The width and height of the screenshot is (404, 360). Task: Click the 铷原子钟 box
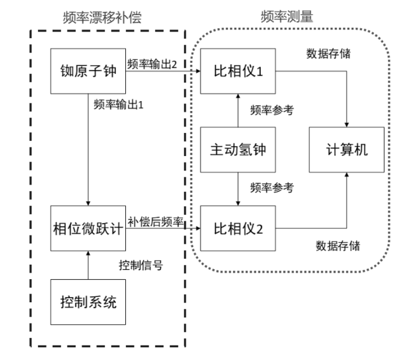pos(88,71)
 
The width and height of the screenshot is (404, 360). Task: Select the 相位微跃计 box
pos(88,228)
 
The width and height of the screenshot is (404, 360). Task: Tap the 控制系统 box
pos(88,302)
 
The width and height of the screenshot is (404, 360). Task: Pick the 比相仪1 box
pos(238,71)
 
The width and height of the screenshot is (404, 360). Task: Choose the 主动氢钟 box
pos(238,150)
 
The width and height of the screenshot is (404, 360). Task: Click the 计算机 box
pos(346,150)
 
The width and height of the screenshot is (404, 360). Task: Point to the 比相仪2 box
pos(238,228)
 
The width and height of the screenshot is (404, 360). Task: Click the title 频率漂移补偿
pos(102,17)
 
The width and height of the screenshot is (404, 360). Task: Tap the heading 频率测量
pos(287,17)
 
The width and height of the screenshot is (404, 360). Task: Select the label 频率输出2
pos(152,64)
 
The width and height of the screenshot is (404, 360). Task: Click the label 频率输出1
pos(118,105)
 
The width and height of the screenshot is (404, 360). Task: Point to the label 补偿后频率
pos(156,222)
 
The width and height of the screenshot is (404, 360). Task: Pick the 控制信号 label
pos(141,265)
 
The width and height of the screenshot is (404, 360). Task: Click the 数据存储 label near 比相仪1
pos(328,54)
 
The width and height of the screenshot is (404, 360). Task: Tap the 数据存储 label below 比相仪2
pos(338,246)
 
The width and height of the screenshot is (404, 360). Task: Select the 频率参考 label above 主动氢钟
pos(272,110)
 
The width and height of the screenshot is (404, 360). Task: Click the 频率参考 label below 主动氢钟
pos(272,188)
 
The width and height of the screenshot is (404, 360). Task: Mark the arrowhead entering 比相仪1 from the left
pos(199,71)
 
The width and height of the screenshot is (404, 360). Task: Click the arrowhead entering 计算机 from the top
pos(346,125)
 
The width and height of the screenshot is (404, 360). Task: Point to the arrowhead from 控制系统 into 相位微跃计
pos(88,253)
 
